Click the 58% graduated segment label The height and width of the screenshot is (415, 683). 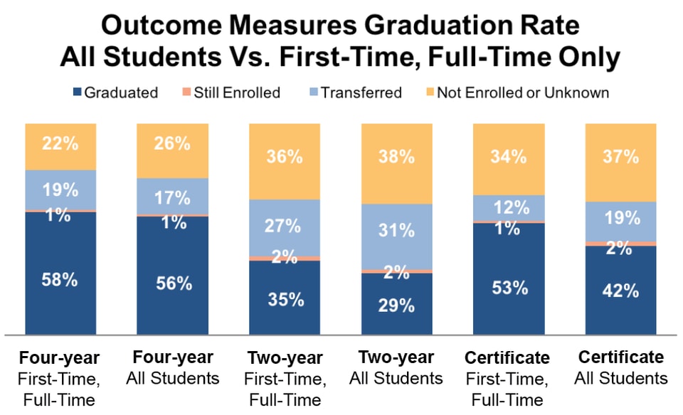pyautogui.click(x=60, y=279)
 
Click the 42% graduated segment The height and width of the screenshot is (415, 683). pyautogui.click(x=621, y=290)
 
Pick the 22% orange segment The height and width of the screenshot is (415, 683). pyautogui.click(x=60, y=145)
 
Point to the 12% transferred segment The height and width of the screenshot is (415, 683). pyautogui.click(x=509, y=207)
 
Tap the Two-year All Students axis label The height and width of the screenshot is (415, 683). pyautogui.click(x=396, y=368)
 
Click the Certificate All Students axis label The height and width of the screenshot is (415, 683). pyautogui.click(x=621, y=368)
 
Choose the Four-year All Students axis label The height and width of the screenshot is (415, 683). pyautogui.click(x=172, y=368)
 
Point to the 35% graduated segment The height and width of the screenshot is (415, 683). pyautogui.click(x=285, y=298)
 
